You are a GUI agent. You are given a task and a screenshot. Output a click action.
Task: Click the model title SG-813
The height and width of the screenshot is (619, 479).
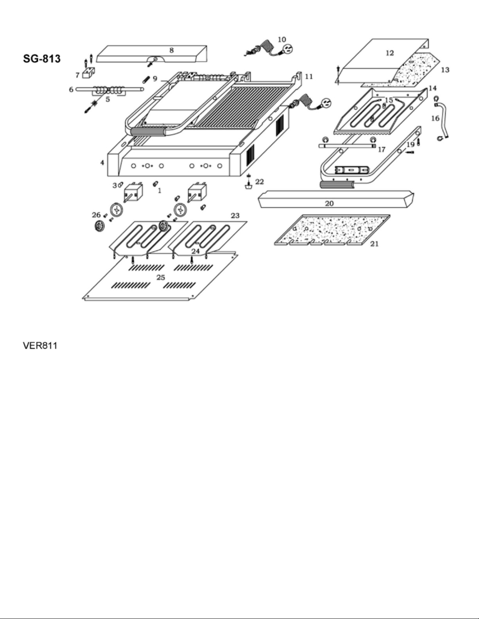[41, 59]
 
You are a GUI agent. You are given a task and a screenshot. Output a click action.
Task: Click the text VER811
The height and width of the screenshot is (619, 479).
[40, 346]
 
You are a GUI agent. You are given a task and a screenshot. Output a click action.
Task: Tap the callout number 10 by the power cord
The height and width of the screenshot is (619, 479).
[282, 39]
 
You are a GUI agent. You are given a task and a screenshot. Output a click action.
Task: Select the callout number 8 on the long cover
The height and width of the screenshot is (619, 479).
[171, 50]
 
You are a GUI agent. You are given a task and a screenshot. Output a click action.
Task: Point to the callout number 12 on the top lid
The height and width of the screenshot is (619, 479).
[390, 53]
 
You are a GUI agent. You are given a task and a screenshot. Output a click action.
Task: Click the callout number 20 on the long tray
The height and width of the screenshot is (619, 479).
[329, 203]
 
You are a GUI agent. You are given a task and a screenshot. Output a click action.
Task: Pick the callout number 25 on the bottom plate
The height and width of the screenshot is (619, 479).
[161, 277]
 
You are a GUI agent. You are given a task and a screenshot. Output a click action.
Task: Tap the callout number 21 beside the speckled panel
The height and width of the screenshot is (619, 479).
[374, 244]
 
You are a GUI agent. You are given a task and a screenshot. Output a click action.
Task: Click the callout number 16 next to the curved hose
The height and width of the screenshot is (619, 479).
[435, 118]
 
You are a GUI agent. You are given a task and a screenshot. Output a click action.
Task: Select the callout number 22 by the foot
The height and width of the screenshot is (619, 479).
[260, 182]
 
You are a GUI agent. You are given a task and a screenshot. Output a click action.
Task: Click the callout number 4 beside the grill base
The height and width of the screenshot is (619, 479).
[102, 162]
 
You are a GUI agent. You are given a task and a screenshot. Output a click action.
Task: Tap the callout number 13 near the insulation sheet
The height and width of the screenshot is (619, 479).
[445, 70]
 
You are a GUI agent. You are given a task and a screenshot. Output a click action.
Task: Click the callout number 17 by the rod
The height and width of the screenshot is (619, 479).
[382, 150]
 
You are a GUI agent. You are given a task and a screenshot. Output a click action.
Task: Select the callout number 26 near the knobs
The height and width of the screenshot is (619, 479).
[96, 215]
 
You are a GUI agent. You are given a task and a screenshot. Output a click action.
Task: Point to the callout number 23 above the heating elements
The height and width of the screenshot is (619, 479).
[235, 216]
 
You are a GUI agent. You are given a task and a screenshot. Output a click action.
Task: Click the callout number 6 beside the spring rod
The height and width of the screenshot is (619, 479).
[71, 89]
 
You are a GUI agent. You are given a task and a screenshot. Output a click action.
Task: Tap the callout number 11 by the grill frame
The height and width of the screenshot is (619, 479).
[309, 77]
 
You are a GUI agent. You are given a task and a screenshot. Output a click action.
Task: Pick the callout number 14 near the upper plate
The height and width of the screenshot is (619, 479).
[432, 88]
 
